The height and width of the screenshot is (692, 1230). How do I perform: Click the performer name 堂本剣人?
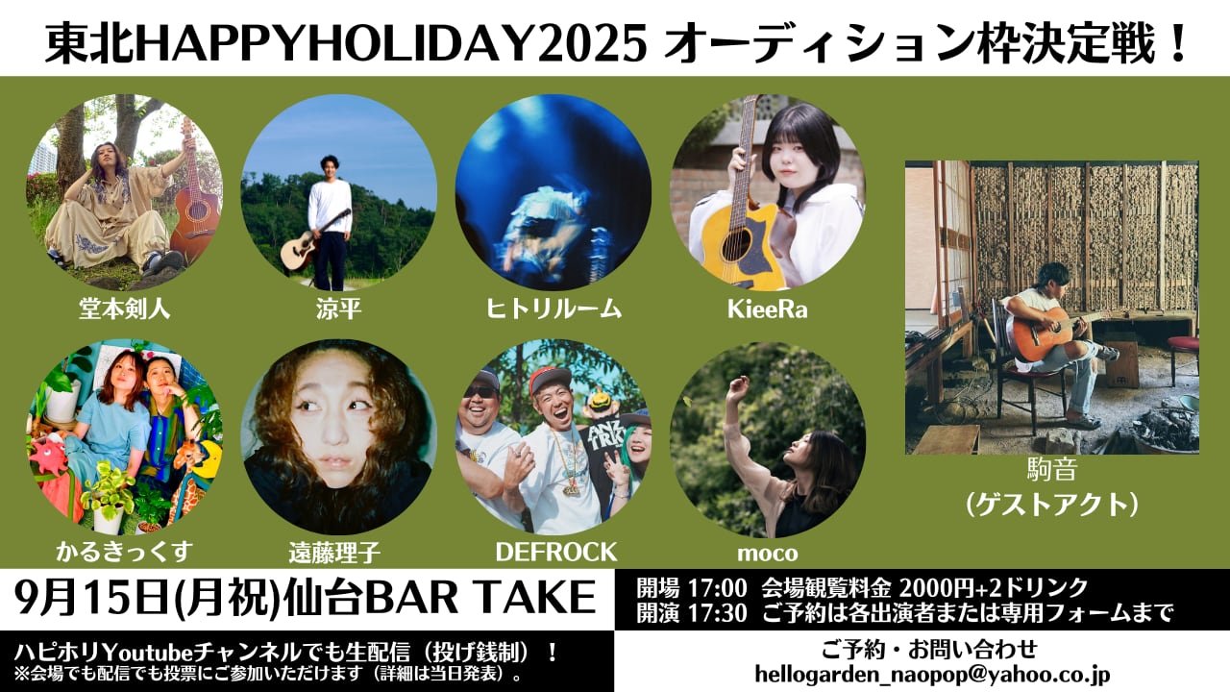124,309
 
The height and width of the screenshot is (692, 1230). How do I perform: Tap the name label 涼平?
338,309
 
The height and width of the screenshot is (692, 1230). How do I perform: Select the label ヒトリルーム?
553,309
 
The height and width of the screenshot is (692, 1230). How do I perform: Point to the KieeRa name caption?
767,309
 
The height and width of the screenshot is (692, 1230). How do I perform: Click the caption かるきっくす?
124,552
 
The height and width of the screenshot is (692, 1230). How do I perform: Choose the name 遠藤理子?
334,553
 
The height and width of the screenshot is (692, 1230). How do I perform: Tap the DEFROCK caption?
556,553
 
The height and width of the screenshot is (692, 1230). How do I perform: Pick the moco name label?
767,554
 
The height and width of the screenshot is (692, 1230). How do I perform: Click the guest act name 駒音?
1052,470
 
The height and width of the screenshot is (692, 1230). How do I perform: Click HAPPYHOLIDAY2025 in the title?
391,44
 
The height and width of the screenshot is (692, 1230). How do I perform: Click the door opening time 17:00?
718,589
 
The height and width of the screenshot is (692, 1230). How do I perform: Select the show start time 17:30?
718,613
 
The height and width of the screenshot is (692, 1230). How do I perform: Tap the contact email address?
932,675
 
